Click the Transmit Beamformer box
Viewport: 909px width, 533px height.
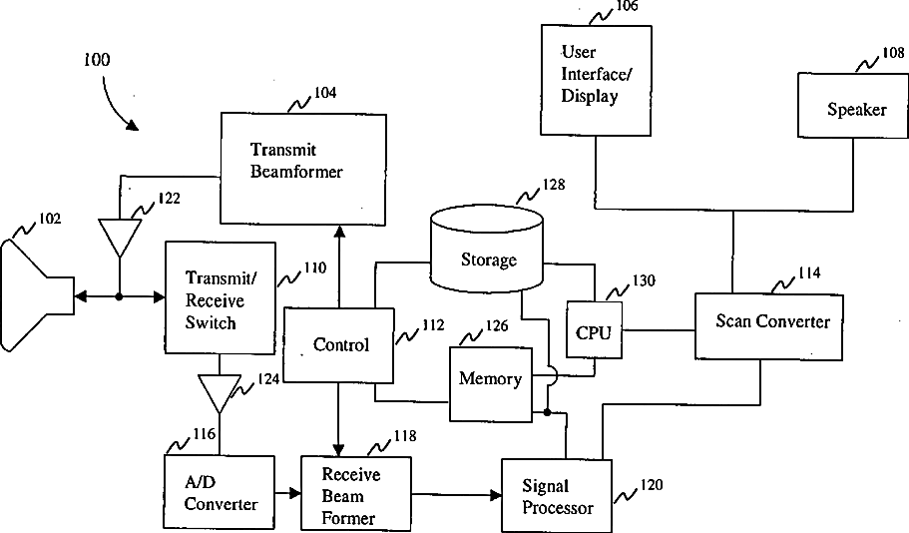[x=303, y=169]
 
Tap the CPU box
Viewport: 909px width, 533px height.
[x=595, y=330]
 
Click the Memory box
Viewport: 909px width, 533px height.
[x=491, y=384]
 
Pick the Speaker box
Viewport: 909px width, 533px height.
[x=853, y=105]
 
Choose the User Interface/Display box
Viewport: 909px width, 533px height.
[x=596, y=80]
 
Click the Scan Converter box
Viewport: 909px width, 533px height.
[x=768, y=326]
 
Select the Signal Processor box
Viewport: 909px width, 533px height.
[x=557, y=496]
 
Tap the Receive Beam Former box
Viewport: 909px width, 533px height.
[x=356, y=494]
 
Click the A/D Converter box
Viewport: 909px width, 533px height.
[x=220, y=492]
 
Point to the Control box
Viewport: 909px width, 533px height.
[x=338, y=345]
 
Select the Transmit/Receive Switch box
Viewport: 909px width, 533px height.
[x=221, y=298]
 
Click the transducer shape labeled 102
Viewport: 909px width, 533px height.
[x=37, y=295]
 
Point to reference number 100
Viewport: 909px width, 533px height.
[x=96, y=60]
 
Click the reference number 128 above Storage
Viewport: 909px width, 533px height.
[x=553, y=185]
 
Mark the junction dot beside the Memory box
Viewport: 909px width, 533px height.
[x=547, y=412]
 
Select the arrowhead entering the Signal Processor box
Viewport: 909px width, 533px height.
[x=496, y=495]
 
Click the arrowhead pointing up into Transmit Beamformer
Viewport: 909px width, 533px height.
[x=339, y=232]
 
